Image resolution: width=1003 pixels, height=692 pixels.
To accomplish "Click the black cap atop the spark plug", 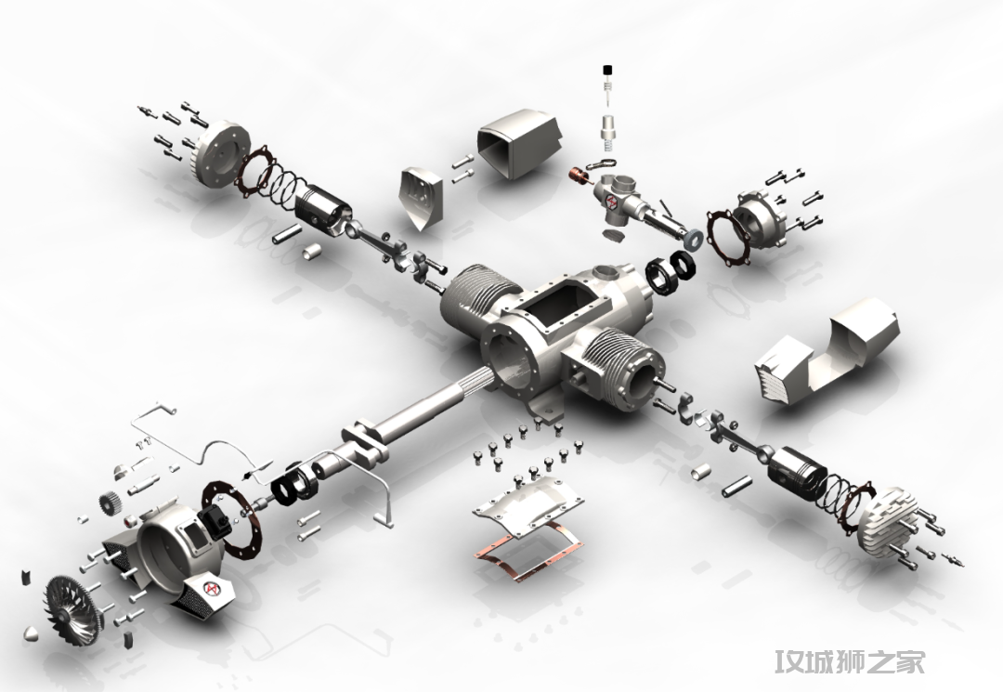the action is pyautogui.click(x=607, y=69).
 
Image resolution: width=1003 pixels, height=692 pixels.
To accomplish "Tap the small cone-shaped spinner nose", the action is pyautogui.click(x=32, y=635).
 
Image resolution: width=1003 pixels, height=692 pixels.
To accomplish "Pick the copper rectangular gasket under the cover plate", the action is pyautogui.click(x=528, y=545).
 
